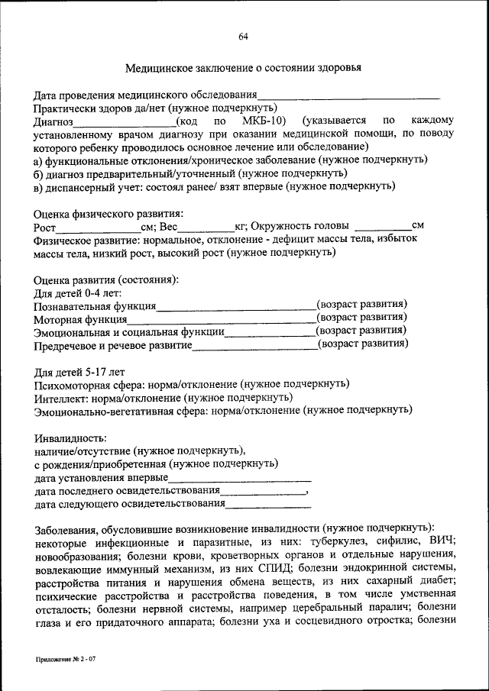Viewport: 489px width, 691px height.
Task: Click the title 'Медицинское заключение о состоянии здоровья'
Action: [x=243, y=68]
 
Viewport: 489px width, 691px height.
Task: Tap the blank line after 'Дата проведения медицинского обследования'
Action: [x=348, y=97]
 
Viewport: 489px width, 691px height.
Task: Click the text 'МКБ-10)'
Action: [x=264, y=121]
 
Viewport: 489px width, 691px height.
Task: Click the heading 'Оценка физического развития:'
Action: [x=108, y=213]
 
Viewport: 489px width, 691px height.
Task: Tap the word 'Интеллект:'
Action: [x=61, y=398]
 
